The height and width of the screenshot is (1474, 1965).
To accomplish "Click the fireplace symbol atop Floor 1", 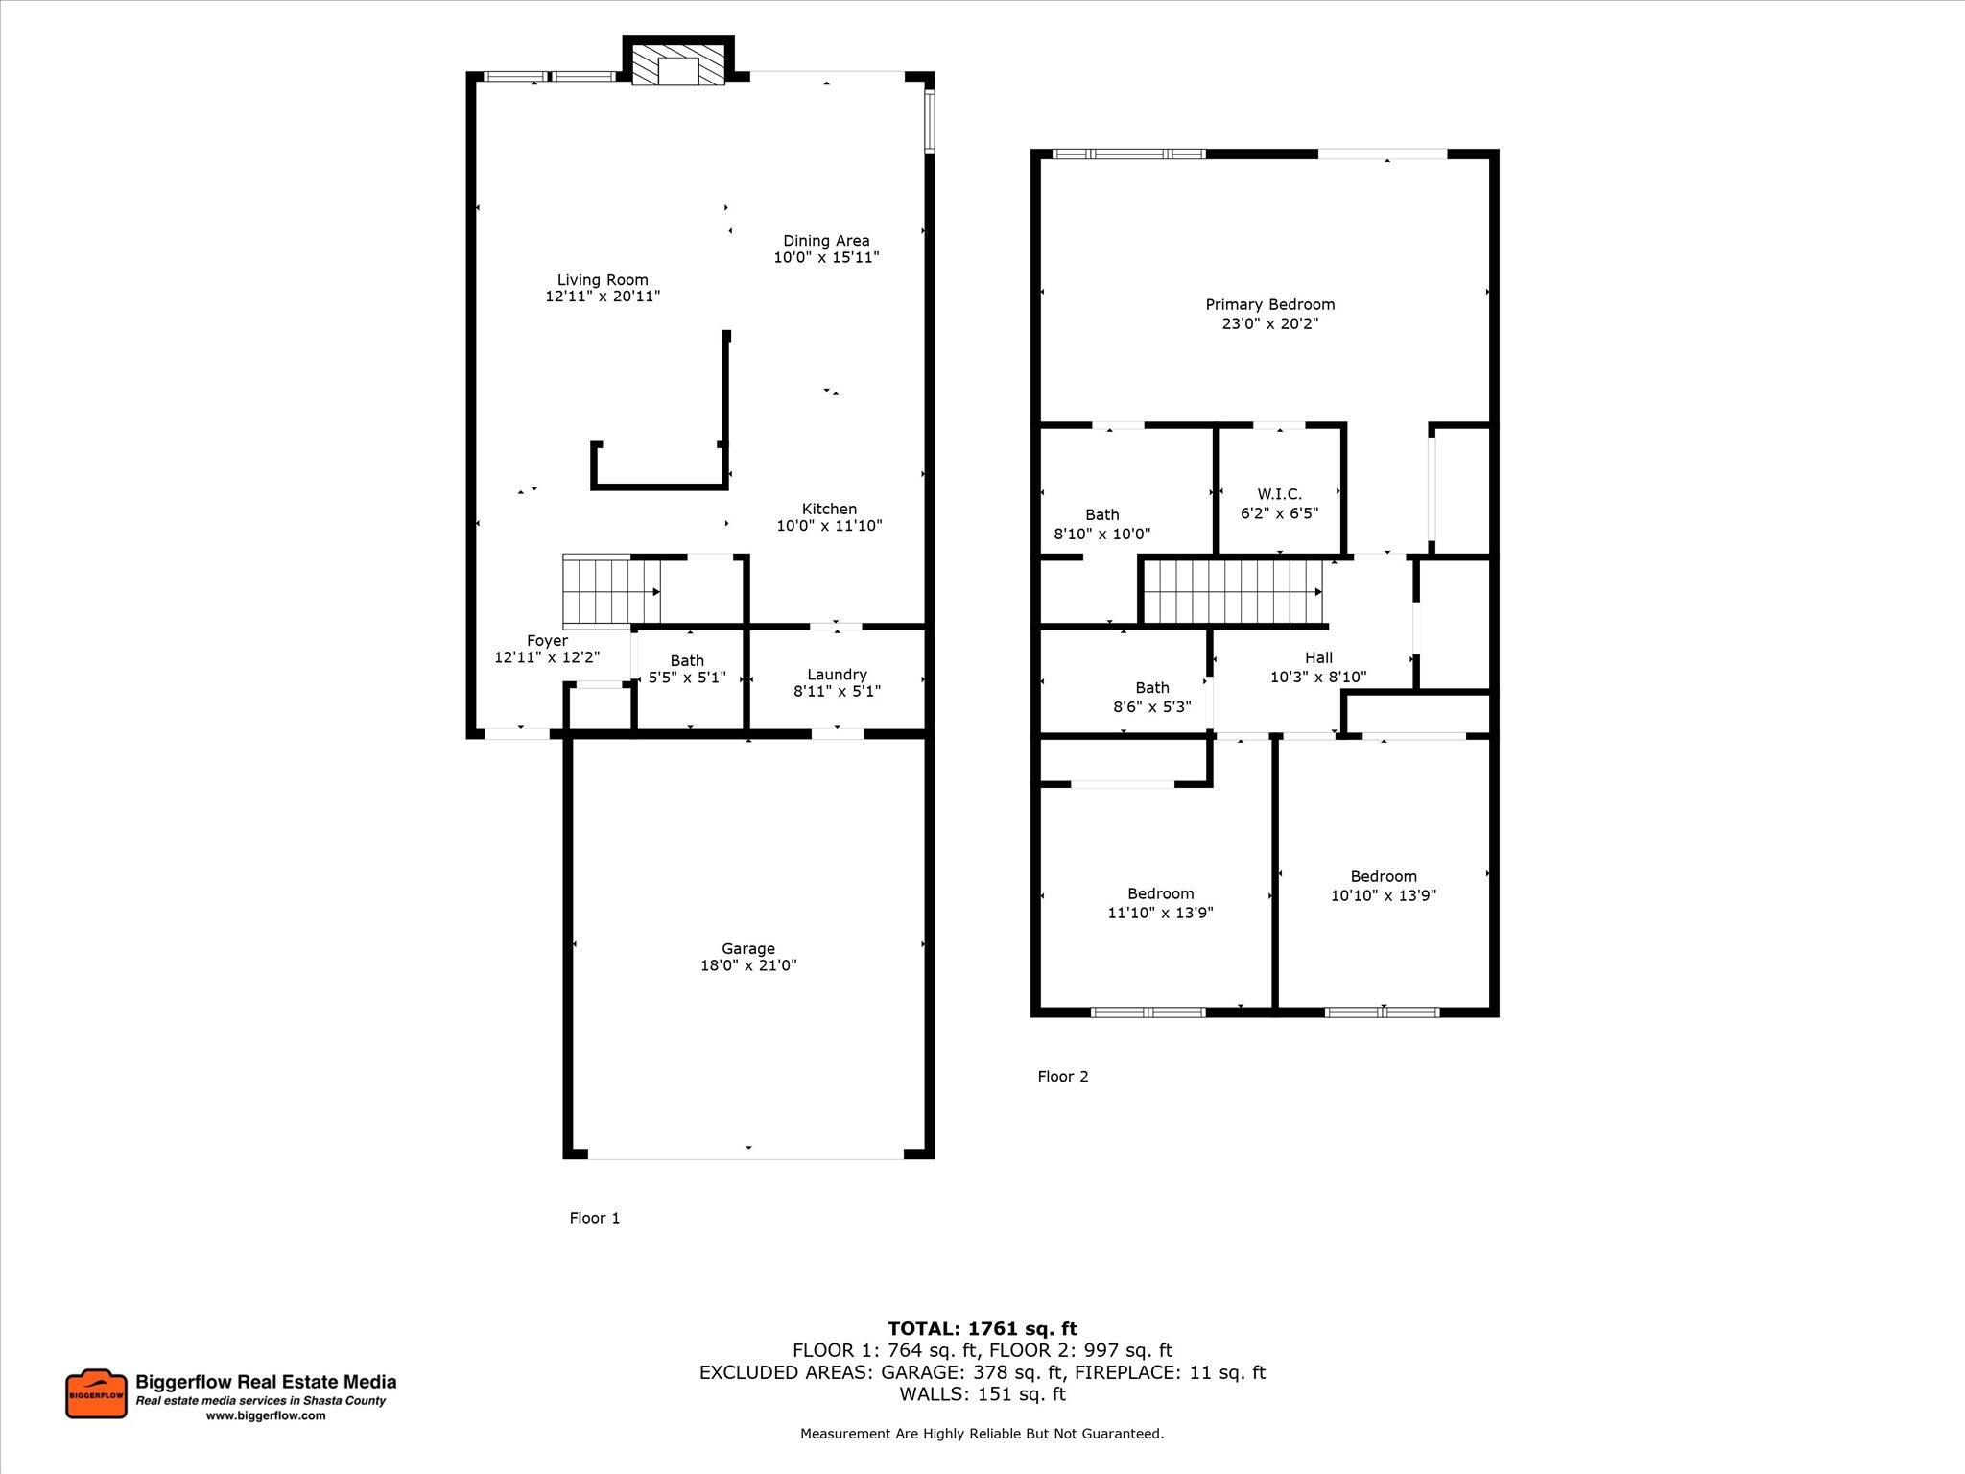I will [678, 64].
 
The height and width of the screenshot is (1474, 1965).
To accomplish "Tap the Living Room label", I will [603, 280].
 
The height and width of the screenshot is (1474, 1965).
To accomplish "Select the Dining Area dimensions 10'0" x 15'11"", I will [826, 258].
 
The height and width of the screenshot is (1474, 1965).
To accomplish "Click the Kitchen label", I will [829, 509].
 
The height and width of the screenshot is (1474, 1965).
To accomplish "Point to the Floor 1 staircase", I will [611, 590].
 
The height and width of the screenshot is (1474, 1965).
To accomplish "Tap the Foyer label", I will [547, 640].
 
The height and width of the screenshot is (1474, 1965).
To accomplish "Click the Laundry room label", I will [837, 674].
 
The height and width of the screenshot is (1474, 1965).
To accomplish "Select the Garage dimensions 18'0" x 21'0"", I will [747, 965].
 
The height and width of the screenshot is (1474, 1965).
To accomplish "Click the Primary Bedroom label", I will [1269, 304].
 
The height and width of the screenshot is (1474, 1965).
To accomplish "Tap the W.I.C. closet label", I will [1279, 494].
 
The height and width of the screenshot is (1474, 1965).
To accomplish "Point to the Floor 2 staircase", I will [1233, 591].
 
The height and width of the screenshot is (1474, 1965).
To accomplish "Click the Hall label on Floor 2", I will [1318, 657].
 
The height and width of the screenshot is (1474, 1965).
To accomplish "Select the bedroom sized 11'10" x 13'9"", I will [1160, 903].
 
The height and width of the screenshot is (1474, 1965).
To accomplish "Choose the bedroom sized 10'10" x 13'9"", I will [1383, 886].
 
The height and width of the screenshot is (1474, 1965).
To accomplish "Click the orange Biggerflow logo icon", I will [96, 1394].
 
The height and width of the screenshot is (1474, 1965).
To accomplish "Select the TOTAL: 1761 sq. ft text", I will [982, 1328].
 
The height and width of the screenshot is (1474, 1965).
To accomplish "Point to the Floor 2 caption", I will [1062, 1076].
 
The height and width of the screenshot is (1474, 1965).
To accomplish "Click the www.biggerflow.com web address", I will [266, 1415].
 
